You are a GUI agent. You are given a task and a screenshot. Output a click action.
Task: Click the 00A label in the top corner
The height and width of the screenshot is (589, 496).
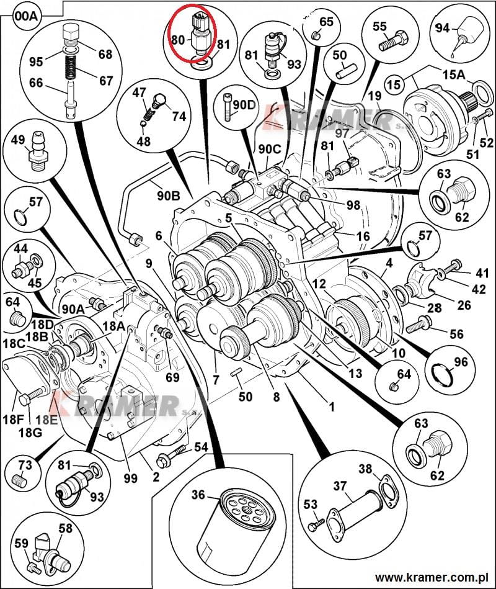pos(25,16)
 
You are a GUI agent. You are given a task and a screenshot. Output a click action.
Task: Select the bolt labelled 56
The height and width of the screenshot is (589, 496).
pos(418,323)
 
